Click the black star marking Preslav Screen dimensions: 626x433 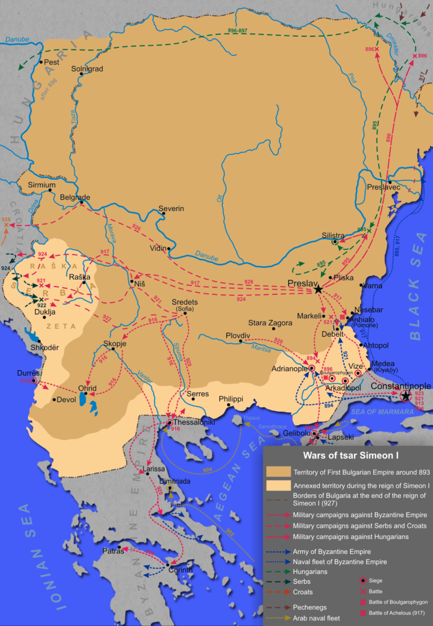[319, 289]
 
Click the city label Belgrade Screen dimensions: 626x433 [76, 197]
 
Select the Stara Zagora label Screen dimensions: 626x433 [271, 323]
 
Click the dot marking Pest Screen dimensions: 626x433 [41, 63]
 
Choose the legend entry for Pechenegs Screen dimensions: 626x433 [311, 607]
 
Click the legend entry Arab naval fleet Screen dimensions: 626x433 [317, 618]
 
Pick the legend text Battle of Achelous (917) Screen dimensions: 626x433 [395, 612]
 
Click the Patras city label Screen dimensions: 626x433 [113, 550]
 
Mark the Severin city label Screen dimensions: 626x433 [171, 209]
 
